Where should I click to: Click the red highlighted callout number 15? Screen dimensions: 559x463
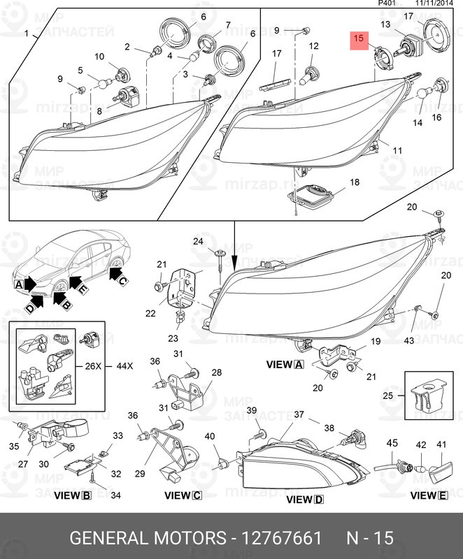point(358,39)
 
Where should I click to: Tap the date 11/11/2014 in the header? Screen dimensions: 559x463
point(435,3)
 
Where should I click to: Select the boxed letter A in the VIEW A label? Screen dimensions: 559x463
point(299,365)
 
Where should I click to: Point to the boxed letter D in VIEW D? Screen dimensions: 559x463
point(320,500)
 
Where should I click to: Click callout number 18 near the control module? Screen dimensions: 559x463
point(355,182)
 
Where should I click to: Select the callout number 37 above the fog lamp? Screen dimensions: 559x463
point(299,415)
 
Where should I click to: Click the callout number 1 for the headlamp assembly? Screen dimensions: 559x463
point(27,34)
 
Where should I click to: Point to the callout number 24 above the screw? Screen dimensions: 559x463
point(198,242)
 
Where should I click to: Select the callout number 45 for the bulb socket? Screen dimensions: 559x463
point(392,443)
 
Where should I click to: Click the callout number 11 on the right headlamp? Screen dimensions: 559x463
point(397,150)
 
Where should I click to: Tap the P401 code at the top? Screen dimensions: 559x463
point(387,3)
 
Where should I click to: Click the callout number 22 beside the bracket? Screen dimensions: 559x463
point(150,313)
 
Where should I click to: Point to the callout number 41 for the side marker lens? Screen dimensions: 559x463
point(441,444)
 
